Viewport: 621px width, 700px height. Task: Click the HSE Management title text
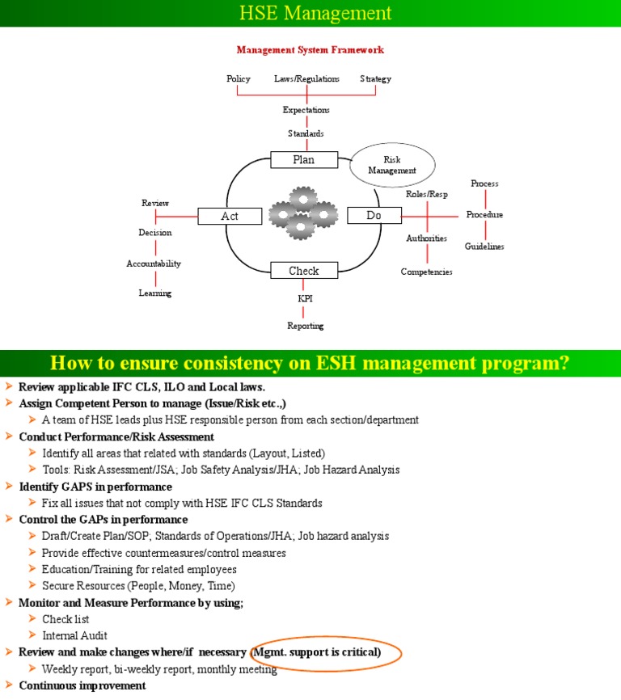(x=315, y=13)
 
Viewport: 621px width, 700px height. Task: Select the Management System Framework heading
(x=310, y=50)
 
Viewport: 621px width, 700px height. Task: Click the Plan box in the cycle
(x=303, y=160)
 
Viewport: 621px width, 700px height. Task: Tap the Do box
(x=374, y=216)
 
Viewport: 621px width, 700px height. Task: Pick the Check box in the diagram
(x=303, y=271)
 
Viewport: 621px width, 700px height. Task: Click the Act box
(x=230, y=216)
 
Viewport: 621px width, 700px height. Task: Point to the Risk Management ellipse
(x=392, y=166)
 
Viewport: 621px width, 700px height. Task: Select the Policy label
(x=239, y=79)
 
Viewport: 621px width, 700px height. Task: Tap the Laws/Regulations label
(x=306, y=79)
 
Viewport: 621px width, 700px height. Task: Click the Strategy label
(x=375, y=79)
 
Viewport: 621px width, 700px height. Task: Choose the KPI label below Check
(x=305, y=299)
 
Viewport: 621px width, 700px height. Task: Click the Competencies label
(x=426, y=272)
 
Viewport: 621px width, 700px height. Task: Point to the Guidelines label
(x=484, y=247)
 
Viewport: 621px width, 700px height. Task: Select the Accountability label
(x=154, y=264)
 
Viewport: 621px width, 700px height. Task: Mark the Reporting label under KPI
(x=305, y=326)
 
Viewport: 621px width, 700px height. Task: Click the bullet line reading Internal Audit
(x=74, y=635)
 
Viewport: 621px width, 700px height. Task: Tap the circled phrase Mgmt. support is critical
(x=317, y=652)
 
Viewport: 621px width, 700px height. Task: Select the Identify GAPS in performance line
(x=95, y=487)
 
